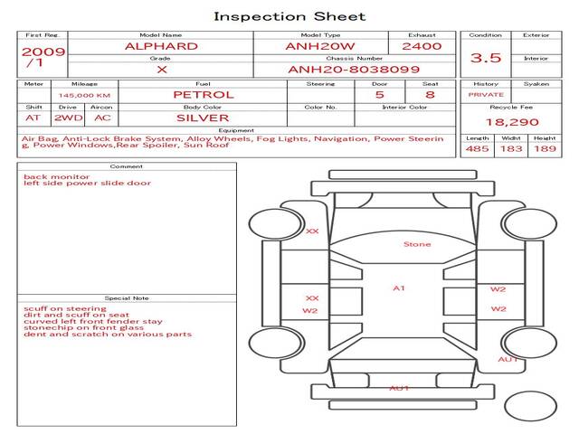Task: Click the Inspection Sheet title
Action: tap(289, 16)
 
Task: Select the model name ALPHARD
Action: tap(161, 46)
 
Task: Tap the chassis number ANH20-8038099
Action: tap(354, 70)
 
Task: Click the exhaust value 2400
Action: tap(422, 46)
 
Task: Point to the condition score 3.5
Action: tap(486, 58)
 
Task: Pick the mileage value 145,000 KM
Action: tap(84, 96)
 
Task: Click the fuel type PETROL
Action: tap(204, 95)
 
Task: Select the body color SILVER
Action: tap(203, 118)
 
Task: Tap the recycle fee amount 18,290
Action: tap(512, 122)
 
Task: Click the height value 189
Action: tap(545, 148)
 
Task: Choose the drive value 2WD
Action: tap(69, 118)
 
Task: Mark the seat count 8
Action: tap(430, 95)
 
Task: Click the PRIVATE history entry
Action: tap(486, 95)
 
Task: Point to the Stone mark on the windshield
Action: tap(417, 244)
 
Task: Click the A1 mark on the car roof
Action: tap(399, 288)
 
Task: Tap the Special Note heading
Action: tap(127, 298)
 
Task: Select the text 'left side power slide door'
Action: tap(87, 183)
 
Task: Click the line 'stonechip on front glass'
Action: tap(83, 327)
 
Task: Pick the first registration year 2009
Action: tap(43, 52)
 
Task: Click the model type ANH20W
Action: tap(320, 46)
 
